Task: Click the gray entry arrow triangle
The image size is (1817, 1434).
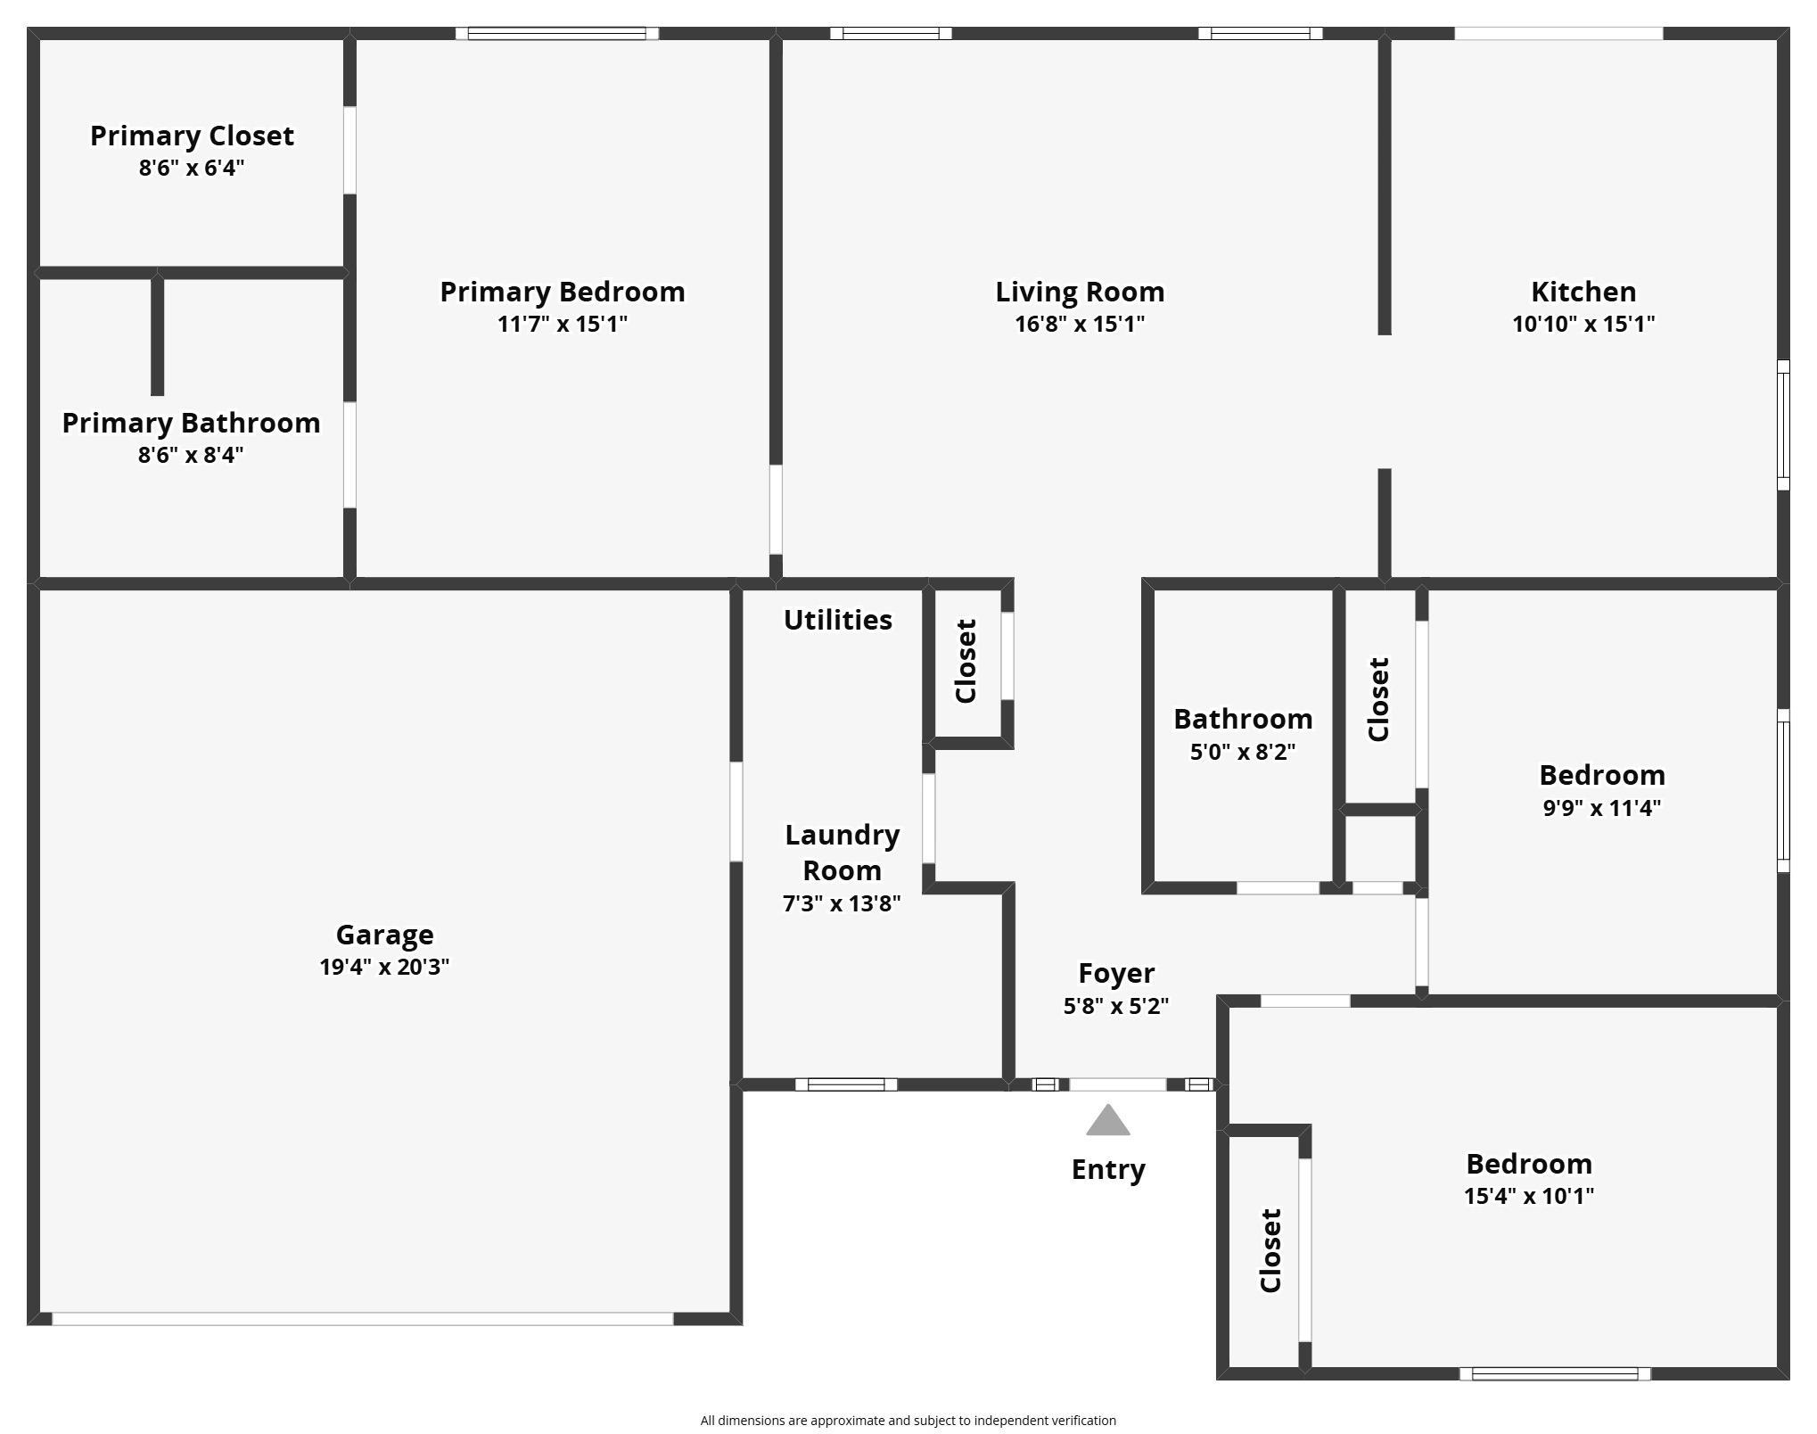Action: pos(1107,1122)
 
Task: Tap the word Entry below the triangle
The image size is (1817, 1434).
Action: pos(1107,1169)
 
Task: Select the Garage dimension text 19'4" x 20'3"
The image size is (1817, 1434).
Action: pos(384,967)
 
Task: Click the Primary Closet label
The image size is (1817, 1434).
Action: pos(192,136)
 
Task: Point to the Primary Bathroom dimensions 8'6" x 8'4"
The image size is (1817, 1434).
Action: pos(190,455)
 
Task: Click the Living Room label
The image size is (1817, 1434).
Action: pos(1079,292)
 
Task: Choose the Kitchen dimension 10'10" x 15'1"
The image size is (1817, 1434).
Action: pos(1583,324)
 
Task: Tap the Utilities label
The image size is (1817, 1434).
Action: pos(837,620)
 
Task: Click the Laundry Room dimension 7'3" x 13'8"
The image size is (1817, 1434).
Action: pos(841,903)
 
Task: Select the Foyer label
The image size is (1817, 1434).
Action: pos(1115,973)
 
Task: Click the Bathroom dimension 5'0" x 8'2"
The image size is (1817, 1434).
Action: pos(1242,752)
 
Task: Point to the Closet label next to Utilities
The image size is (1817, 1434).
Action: pos(966,661)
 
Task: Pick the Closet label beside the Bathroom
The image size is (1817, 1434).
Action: pos(1379,699)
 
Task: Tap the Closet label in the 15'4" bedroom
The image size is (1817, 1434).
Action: pos(1270,1250)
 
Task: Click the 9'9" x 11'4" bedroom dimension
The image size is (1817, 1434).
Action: pos(1601,808)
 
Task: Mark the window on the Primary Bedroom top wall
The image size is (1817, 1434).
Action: pos(556,34)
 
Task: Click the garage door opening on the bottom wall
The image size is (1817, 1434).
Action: pos(362,1318)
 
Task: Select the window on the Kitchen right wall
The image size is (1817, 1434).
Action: pos(1783,424)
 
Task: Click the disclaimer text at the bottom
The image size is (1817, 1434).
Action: pos(908,1421)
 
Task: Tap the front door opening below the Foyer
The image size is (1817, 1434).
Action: pos(1117,1084)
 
